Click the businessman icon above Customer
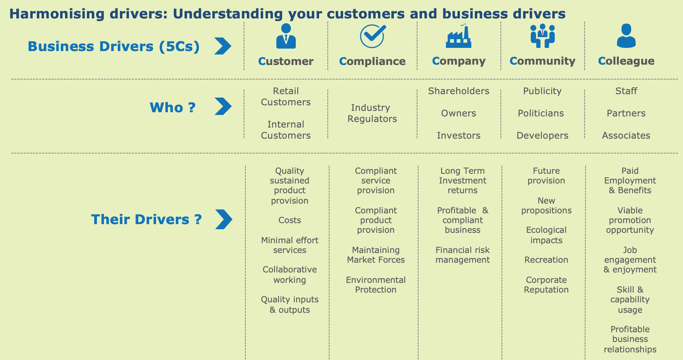286,36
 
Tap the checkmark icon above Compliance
373,36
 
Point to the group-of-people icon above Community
542,36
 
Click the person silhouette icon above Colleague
626,36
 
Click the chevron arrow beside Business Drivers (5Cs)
223,46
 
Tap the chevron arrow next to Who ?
223,106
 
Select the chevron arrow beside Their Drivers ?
223,219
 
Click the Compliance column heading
372,61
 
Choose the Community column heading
542,61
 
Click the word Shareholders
458,91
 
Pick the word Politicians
541,113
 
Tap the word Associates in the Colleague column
626,136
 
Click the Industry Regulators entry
372,113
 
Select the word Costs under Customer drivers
290,220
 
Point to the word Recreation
546,260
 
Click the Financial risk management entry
462,255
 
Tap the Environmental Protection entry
376,285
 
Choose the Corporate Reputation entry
546,285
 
